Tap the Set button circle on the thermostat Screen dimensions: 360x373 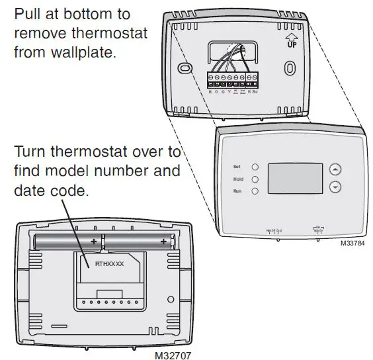pos(255,167)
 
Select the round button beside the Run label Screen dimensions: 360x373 pos(255,191)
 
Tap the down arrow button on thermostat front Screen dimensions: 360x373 pos(335,187)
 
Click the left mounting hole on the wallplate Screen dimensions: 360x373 pos(185,69)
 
